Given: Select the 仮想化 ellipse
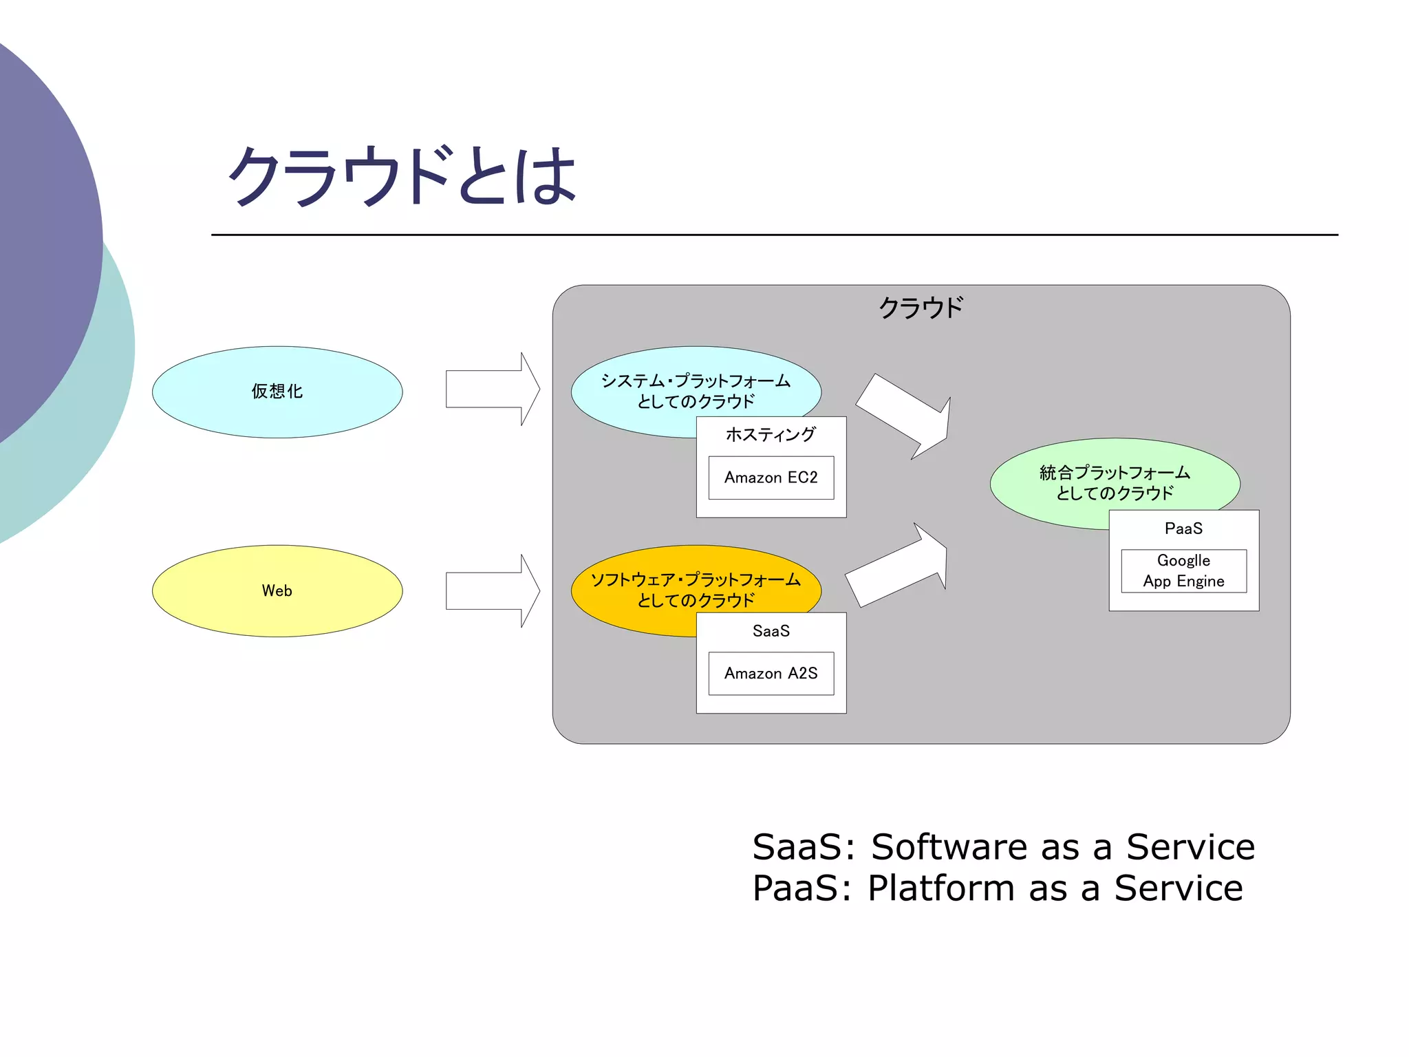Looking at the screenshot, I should point(277,392).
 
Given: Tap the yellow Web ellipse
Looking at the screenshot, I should point(277,590).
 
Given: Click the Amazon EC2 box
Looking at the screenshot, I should point(771,478).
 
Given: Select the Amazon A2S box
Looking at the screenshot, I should point(771,673).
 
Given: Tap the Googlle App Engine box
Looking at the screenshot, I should point(1183,570).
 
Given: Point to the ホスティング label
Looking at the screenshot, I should point(771,434).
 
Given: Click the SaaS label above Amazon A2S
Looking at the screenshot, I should point(771,631).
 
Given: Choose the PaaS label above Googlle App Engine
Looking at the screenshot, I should point(1183,528).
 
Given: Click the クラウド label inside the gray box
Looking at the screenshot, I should point(921,308).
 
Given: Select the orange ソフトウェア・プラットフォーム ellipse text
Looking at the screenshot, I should point(695,589).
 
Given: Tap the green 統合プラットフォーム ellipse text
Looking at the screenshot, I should point(1114,482).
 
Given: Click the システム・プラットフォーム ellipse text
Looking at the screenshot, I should point(695,390).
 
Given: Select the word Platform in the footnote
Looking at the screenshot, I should point(940,888).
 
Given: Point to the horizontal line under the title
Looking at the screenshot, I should point(774,235).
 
